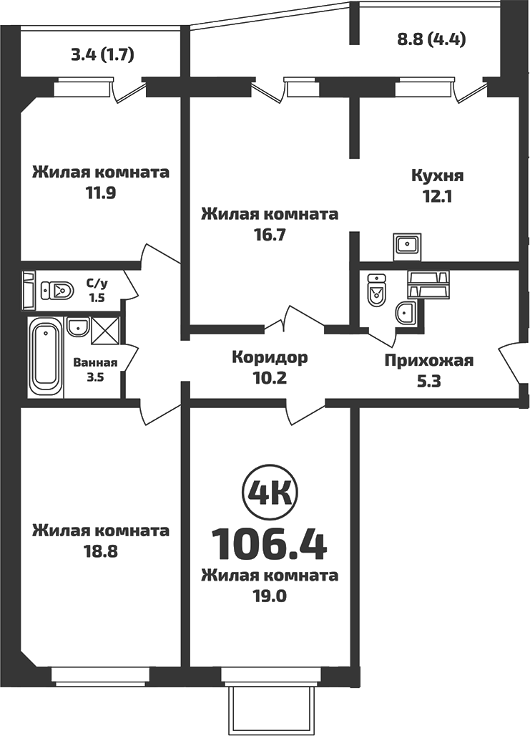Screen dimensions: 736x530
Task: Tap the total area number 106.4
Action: [x=270, y=545]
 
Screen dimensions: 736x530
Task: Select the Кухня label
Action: [x=438, y=176]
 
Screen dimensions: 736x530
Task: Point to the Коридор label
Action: [x=270, y=357]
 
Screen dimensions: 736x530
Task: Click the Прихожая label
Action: [x=429, y=360]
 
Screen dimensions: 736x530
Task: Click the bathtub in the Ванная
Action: [x=45, y=358]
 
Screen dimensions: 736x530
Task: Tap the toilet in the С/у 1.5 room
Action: [x=57, y=291]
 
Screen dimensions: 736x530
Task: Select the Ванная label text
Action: [x=95, y=362]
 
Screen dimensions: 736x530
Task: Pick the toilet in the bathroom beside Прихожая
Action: [x=376, y=291]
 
